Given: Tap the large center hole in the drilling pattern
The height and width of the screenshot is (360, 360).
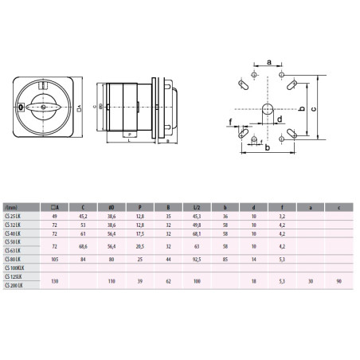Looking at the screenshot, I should [x=268, y=108].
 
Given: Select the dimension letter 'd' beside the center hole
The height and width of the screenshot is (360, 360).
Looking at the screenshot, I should [x=280, y=120].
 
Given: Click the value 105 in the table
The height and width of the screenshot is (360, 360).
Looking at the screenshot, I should [x=56, y=258].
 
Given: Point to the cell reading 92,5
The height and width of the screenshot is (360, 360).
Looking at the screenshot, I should [x=196, y=258].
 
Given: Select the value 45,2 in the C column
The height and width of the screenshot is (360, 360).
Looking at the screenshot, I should [x=84, y=217].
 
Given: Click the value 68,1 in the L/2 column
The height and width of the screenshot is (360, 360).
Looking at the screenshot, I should [x=196, y=233].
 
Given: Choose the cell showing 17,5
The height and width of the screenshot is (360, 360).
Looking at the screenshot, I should [x=140, y=233].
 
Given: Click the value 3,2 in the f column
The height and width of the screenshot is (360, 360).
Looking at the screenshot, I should [x=282, y=217].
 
